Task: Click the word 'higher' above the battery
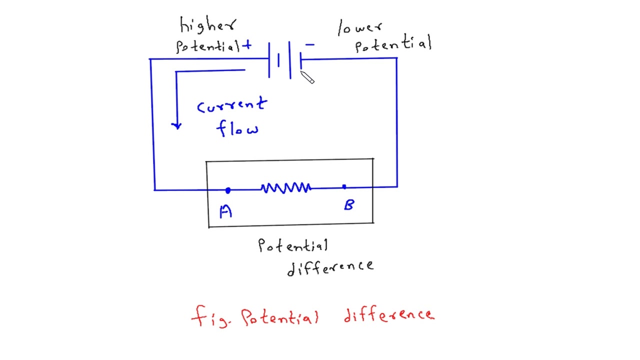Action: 207,25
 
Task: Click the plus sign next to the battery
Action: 247,46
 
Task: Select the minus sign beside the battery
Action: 310,45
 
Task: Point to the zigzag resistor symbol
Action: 285,188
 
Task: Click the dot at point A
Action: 228,190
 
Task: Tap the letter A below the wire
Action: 226,212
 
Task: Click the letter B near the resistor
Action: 349,205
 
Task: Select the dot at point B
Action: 344,187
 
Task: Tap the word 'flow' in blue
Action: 237,128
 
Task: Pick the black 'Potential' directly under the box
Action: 293,245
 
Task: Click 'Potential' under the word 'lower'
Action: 393,45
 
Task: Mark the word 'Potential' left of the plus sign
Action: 208,46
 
